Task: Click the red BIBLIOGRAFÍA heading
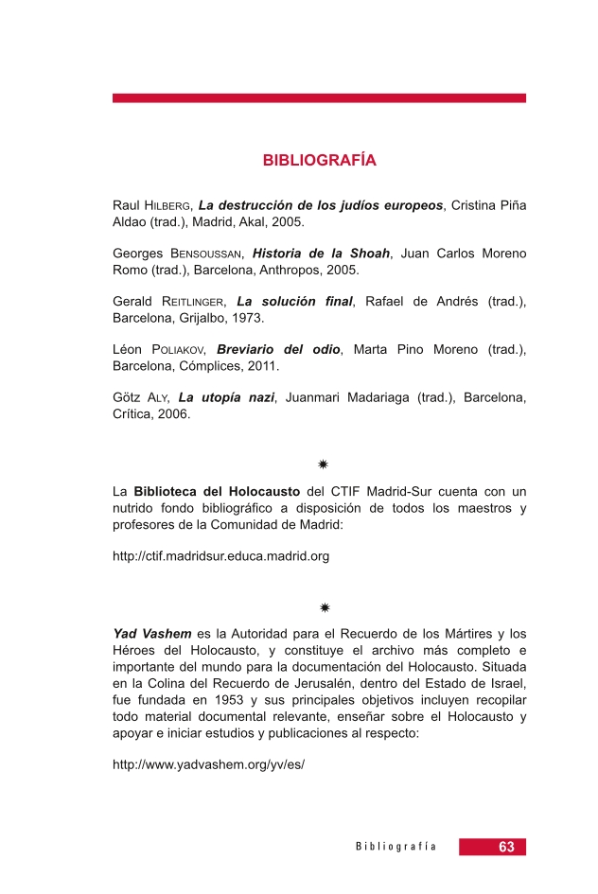pyautogui.click(x=319, y=161)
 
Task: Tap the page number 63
pyautogui.click(x=506, y=848)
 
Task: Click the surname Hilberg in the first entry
pyautogui.click(x=168, y=205)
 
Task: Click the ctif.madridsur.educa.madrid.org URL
pyautogui.click(x=220, y=556)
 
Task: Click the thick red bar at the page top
pyautogui.click(x=319, y=97)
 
